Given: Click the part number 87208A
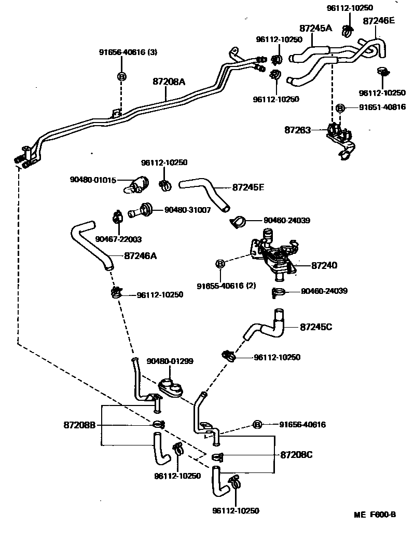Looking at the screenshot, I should [x=169, y=82].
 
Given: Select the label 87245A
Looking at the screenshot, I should [x=315, y=28].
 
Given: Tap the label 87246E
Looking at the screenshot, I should [x=379, y=21].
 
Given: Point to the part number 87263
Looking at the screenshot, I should [x=297, y=130].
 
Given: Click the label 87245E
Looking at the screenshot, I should [x=248, y=187].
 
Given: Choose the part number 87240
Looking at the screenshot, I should [x=324, y=265].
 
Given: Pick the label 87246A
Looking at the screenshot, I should [x=140, y=255].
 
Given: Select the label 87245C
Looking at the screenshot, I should [x=316, y=327].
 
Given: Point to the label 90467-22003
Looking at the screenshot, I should [x=118, y=239].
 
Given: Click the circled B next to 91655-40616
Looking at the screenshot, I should [x=220, y=264].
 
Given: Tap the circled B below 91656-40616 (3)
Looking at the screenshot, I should [x=122, y=76].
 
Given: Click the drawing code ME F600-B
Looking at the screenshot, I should [x=375, y=515].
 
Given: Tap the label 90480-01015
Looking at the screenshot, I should [x=93, y=180].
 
